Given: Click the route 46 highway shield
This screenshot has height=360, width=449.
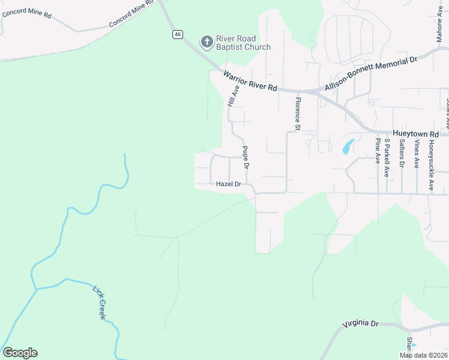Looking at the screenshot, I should point(177,34).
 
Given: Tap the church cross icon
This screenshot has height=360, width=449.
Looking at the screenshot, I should point(206,42).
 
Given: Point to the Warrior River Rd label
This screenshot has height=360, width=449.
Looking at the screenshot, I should point(250,81).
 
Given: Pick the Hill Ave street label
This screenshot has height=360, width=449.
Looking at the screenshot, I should point(234,95).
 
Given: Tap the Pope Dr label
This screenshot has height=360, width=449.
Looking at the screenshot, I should point(245,157).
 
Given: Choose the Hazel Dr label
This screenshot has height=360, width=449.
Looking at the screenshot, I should point(228,184).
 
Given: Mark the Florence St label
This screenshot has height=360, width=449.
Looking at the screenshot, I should point(297,112).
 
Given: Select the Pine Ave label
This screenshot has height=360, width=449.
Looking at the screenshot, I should point(378,151).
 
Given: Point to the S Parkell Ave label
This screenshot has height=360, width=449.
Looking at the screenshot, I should point(387,157).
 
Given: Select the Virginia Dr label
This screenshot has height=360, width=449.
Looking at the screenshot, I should point(361,324).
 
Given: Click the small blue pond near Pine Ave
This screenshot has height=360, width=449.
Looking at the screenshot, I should point(347,146).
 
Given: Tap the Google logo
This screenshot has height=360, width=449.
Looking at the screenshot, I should point(20,353).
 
